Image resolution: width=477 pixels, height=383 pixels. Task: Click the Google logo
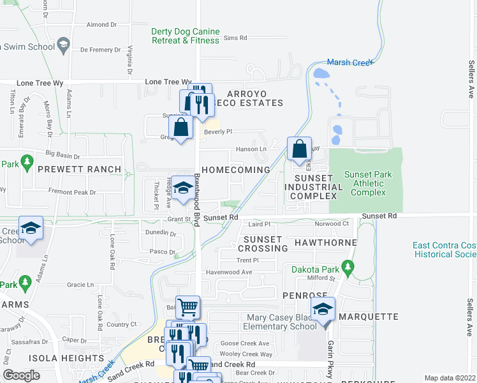(21, 375)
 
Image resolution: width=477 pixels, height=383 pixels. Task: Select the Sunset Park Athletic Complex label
(368, 183)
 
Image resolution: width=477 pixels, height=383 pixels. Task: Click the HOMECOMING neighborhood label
(238, 170)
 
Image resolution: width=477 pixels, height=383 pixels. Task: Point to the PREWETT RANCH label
(79, 169)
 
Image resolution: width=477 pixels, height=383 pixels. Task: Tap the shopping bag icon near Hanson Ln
(299, 149)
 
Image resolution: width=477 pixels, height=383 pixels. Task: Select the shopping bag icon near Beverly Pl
(181, 127)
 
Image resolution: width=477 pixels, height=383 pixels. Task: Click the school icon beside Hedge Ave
(182, 188)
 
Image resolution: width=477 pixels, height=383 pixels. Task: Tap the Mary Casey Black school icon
(323, 310)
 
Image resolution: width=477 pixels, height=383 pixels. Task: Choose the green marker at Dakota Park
(348, 266)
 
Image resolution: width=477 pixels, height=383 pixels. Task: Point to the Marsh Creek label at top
(349, 63)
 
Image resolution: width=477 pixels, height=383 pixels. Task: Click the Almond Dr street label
(102, 25)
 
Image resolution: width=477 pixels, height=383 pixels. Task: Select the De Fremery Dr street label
(98, 49)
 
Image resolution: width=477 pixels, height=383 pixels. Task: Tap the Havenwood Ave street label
(228, 273)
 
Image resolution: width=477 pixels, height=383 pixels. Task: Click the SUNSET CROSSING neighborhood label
(262, 243)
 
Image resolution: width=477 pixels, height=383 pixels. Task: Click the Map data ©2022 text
(450, 378)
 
